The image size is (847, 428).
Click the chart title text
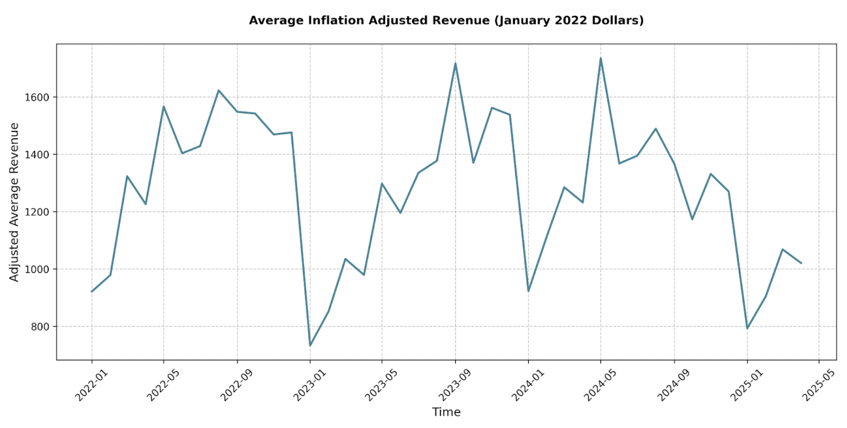click(x=446, y=20)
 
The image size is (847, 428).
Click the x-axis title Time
click(x=446, y=412)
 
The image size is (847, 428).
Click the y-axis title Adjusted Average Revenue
click(x=14, y=202)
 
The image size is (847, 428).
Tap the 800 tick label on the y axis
click(x=40, y=327)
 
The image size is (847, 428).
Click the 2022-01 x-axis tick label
click(x=92, y=385)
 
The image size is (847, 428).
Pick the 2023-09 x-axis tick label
click(x=455, y=385)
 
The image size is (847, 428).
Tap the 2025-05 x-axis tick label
click(x=819, y=385)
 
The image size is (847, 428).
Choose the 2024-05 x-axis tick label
click(x=600, y=385)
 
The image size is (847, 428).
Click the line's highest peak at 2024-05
click(x=600, y=58)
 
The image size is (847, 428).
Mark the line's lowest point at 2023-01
click(x=310, y=346)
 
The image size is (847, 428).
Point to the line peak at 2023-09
click(x=455, y=63)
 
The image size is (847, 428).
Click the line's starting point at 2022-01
click(x=92, y=292)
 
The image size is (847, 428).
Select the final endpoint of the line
click(x=801, y=263)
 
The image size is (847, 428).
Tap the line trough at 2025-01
click(x=747, y=328)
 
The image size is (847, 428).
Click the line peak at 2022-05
click(x=164, y=106)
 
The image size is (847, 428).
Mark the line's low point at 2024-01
click(x=528, y=291)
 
